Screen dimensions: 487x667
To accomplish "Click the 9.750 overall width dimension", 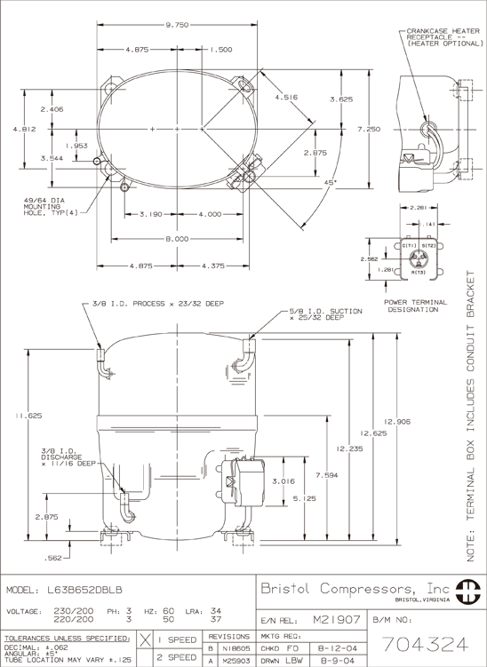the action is pyautogui.click(x=177, y=25).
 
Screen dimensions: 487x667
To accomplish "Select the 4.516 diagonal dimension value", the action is pyautogui.click(x=286, y=98).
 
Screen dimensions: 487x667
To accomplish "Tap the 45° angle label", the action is pyautogui.click(x=331, y=182).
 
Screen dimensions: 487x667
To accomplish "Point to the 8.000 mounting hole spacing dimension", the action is pyautogui.click(x=177, y=239).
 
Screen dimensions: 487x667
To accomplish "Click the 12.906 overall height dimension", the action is pyautogui.click(x=397, y=422).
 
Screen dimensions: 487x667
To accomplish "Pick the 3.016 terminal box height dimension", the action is pyautogui.click(x=283, y=481).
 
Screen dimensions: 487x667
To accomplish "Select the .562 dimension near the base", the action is pyautogui.click(x=53, y=558).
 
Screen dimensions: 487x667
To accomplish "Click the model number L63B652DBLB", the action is pyautogui.click(x=84, y=591).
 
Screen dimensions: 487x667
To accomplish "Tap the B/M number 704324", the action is pyautogui.click(x=425, y=645).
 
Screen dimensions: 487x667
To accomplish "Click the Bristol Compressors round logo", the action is pyautogui.click(x=467, y=592).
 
